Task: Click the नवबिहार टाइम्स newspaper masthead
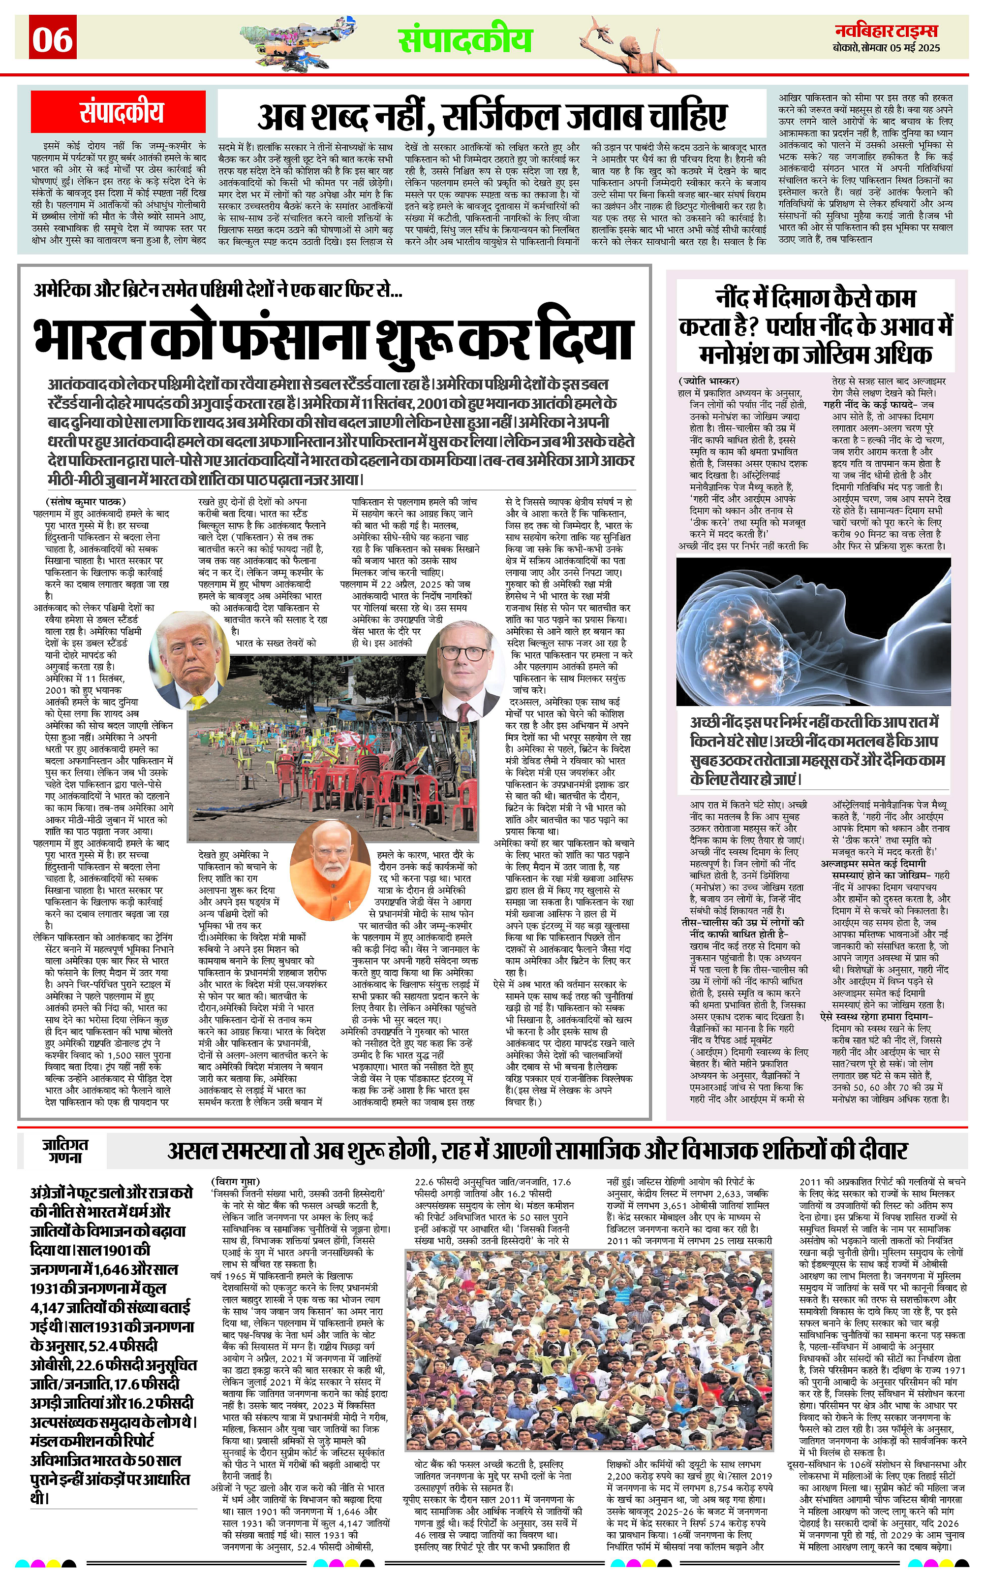(887, 31)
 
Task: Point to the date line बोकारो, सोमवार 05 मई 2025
(887, 48)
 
